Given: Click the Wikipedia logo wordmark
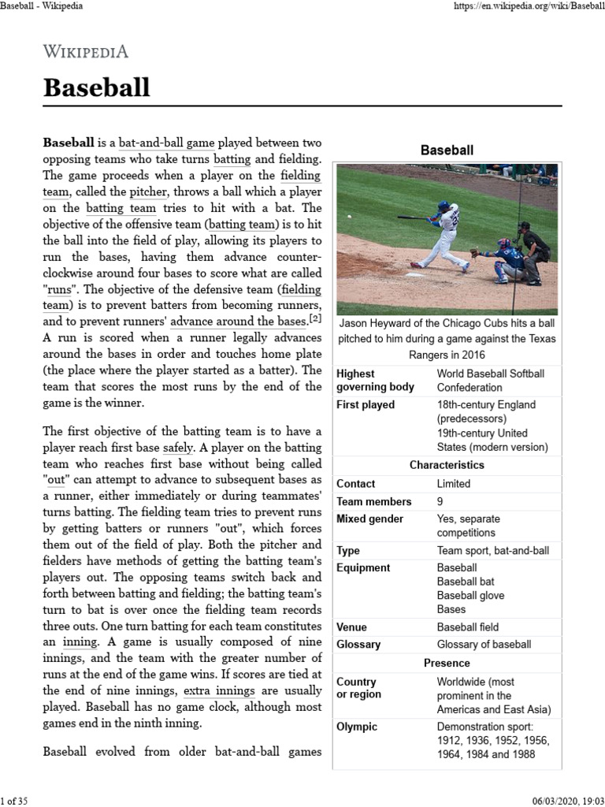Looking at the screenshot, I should [85, 52].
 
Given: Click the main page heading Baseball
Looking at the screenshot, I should [96, 87].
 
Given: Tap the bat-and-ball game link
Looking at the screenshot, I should [166, 143].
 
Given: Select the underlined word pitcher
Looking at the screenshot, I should [148, 192].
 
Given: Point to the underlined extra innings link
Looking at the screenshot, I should [219, 691].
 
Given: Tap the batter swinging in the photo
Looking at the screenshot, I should [444, 232].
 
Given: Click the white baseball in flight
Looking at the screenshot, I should [349, 215].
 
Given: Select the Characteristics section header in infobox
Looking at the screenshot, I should [447, 465].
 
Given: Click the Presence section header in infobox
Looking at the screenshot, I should [447, 663].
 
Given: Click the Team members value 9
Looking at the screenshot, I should [440, 501].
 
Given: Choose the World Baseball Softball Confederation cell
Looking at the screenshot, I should [490, 380].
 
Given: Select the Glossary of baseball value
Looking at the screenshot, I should [484, 644].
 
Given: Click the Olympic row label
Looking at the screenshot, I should [357, 727].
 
